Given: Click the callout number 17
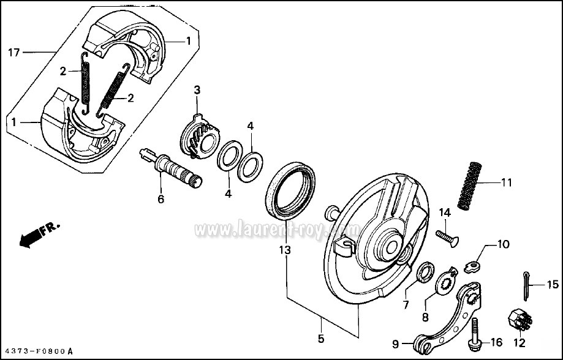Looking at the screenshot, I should (13, 53).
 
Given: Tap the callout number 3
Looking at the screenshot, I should (197, 90).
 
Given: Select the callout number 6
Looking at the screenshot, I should (161, 199).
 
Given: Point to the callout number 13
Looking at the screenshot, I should (284, 250).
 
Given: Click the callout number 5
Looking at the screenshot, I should (322, 337).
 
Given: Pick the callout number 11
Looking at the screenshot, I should (506, 182).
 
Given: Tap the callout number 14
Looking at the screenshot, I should (445, 212).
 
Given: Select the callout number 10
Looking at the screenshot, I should (503, 244).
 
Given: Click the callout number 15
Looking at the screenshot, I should (553, 284).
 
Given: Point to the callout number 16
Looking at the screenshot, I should (497, 343).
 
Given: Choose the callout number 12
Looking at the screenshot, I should (520, 343).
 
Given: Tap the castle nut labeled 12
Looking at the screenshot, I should (519, 318).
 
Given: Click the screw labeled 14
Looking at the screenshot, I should (447, 236).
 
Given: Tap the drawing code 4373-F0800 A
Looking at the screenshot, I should (37, 351).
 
